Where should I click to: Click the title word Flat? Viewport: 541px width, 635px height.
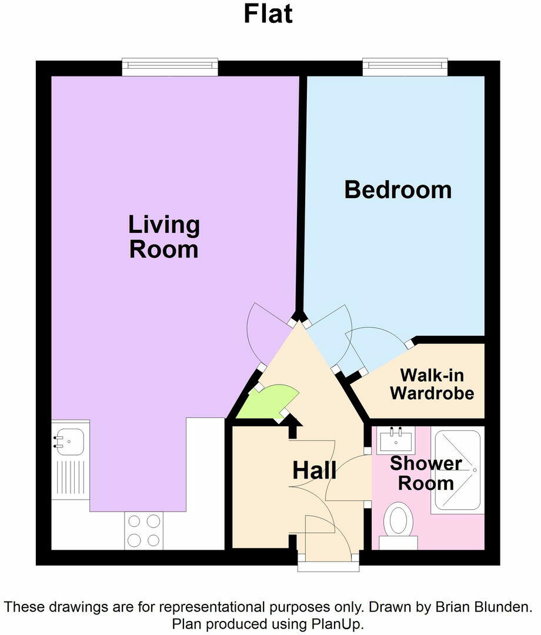click(x=268, y=14)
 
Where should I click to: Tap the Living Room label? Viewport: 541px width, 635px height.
click(x=163, y=237)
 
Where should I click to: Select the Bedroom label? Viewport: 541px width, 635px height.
click(x=398, y=190)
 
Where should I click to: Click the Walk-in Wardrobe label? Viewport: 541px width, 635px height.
click(x=432, y=384)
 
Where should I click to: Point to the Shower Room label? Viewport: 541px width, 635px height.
click(x=426, y=473)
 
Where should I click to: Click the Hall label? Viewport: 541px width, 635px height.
click(x=315, y=470)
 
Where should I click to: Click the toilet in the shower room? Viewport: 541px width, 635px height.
click(x=398, y=520)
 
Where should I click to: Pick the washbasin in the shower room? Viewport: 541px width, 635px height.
click(x=397, y=439)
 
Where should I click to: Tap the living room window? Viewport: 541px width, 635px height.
click(x=170, y=67)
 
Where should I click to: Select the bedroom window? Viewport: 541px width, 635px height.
click(x=405, y=67)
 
